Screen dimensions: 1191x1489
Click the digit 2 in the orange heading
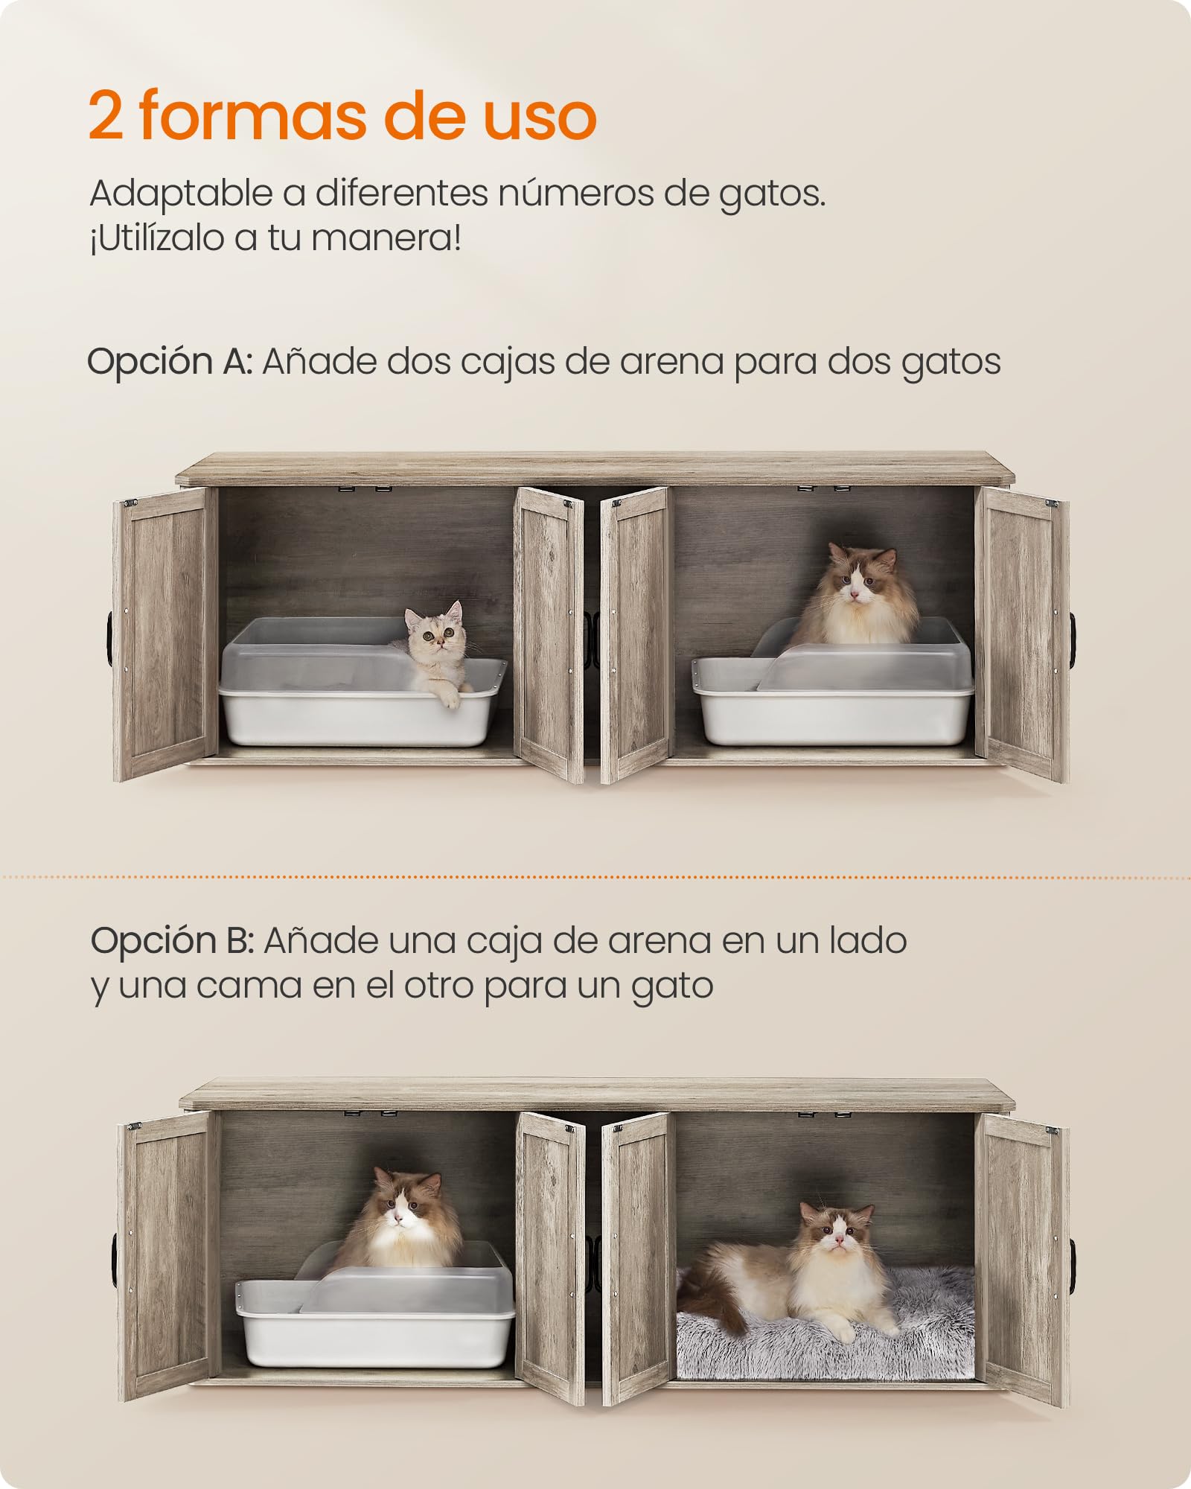[x=106, y=115]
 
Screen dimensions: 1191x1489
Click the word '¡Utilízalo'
[x=157, y=238]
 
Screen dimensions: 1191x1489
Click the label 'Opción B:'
[x=173, y=941]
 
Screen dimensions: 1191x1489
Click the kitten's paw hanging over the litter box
[x=450, y=696]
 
